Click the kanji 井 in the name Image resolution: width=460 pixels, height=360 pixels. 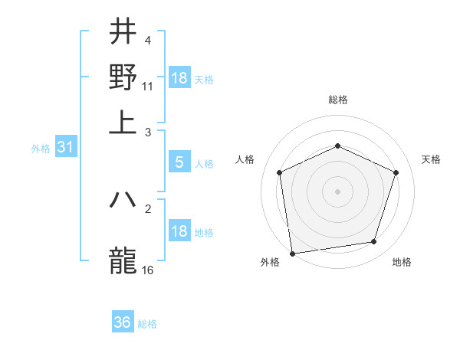(x=123, y=31)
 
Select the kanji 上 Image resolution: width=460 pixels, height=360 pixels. (x=123, y=123)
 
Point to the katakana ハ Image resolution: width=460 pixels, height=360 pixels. (x=123, y=200)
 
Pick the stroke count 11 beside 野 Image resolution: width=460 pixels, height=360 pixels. (x=148, y=87)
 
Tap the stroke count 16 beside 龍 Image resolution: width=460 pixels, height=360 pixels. (x=148, y=270)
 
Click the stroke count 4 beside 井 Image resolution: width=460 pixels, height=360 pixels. (x=148, y=40)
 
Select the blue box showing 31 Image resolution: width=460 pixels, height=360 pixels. (x=64, y=148)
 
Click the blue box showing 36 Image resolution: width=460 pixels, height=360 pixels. (x=123, y=322)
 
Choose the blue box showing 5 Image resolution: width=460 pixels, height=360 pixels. (x=179, y=162)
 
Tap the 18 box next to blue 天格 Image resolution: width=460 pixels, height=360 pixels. (x=179, y=78)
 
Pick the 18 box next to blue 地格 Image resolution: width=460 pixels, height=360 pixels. (x=179, y=231)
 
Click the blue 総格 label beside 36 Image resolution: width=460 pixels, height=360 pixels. (x=147, y=324)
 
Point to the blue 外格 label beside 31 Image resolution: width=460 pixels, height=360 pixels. (x=41, y=149)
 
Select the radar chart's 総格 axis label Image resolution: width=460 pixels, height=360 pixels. (x=337, y=100)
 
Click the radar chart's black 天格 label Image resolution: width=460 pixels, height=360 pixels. (x=432, y=159)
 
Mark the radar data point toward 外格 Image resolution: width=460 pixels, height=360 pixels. (x=292, y=253)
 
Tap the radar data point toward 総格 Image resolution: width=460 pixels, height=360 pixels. (x=337, y=146)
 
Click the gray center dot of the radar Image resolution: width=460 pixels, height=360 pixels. (x=337, y=191)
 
